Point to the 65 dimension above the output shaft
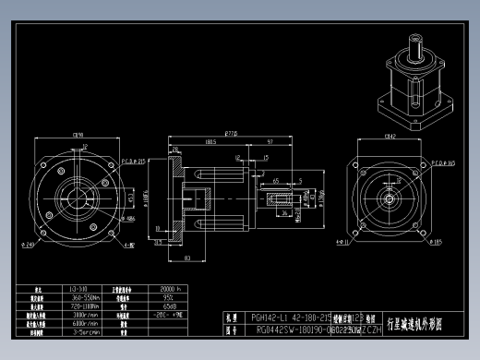tap(277, 181)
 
